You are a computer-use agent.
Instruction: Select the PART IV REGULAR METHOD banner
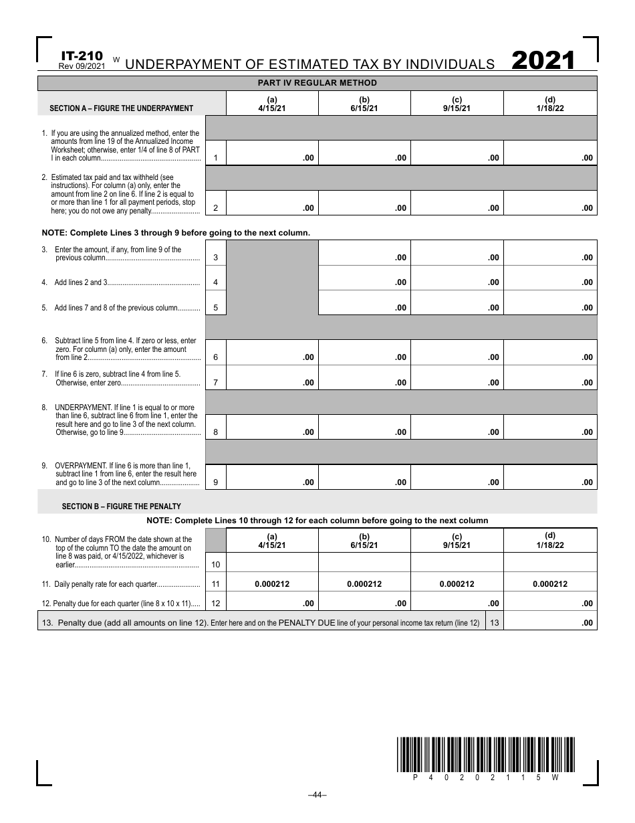coord(317,83)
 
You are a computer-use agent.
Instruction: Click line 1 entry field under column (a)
coord(272,153)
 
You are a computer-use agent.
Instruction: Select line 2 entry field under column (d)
coord(550,202)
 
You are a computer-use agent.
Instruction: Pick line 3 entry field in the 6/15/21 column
coord(364,252)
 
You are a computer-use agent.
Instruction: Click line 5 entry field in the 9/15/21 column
coord(457,302)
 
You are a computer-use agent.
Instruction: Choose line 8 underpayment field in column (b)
coord(364,427)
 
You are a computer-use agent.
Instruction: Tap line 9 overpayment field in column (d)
coord(550,476)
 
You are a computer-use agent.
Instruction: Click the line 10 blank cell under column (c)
coord(457,562)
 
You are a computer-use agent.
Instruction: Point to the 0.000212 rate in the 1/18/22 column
coord(549,584)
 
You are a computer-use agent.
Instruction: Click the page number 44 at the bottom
coord(317,795)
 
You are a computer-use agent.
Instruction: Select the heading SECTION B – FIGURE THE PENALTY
coord(122,507)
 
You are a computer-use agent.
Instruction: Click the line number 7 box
coord(215,383)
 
